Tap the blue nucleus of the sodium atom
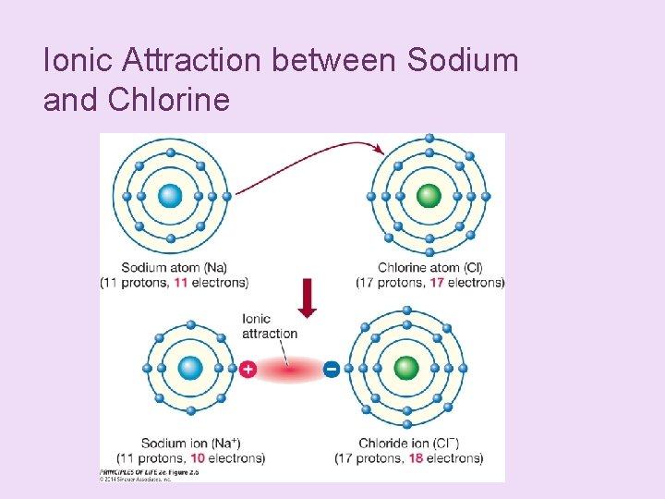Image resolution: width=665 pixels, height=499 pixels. click(x=170, y=196)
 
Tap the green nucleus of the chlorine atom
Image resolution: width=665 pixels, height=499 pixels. click(x=429, y=196)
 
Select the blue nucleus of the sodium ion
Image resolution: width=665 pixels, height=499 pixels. click(x=190, y=368)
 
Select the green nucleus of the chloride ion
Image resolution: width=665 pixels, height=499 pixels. click(x=406, y=368)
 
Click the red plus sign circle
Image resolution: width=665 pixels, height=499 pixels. click(x=248, y=369)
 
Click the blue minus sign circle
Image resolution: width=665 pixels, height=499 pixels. click(x=332, y=369)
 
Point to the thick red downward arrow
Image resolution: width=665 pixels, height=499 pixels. click(x=308, y=298)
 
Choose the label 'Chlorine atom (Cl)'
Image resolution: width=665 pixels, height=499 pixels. click(x=430, y=268)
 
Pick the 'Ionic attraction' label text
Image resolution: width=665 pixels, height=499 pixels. click(x=269, y=326)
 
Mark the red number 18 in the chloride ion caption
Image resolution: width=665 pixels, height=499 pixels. click(x=415, y=457)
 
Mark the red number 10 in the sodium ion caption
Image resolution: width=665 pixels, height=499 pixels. click(x=198, y=457)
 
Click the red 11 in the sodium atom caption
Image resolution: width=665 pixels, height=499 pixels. click(x=182, y=282)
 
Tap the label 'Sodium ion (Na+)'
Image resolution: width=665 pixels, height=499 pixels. click(x=191, y=443)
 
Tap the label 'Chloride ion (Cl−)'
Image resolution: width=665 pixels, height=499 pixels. click(x=408, y=443)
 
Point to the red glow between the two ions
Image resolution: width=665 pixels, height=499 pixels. click(x=290, y=370)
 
